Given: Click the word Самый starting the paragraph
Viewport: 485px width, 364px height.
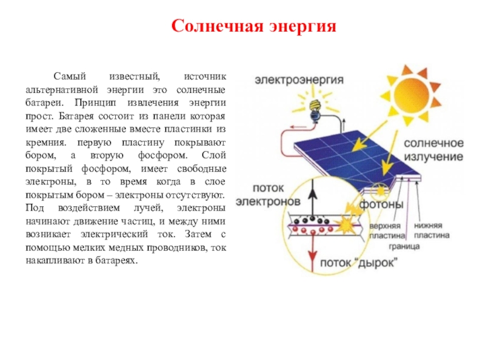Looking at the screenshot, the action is pos(67,77).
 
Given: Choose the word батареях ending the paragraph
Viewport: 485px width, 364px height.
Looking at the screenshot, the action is pos(118,261).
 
